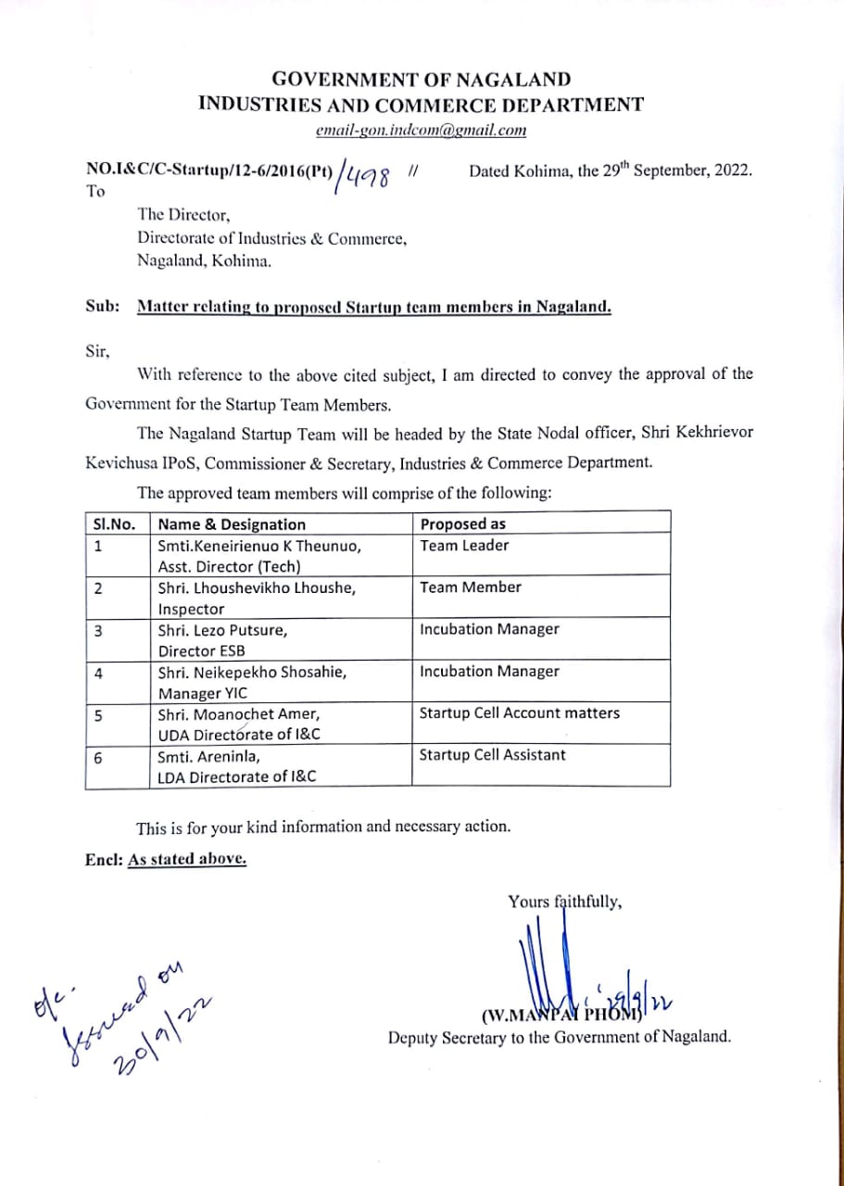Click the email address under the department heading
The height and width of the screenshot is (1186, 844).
[x=421, y=131]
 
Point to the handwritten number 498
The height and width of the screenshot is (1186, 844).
[x=368, y=173]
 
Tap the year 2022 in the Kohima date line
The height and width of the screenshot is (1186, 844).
[x=731, y=171]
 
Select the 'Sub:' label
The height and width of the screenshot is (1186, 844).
[x=100, y=307]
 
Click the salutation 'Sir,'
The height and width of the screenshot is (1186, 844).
[x=97, y=352]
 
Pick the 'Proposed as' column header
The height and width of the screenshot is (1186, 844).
[x=462, y=524]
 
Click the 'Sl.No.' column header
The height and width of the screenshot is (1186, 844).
[x=114, y=524]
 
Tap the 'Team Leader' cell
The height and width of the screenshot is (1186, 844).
[x=464, y=545]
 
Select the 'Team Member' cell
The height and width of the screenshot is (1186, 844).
[x=470, y=587]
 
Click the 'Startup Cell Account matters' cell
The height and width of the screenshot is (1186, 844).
[x=519, y=713]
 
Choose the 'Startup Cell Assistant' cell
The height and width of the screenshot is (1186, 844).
[x=492, y=754]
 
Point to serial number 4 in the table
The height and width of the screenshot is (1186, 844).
[x=98, y=673]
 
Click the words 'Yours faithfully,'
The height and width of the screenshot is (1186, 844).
[x=564, y=901]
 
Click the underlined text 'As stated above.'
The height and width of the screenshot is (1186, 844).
[x=187, y=859]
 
